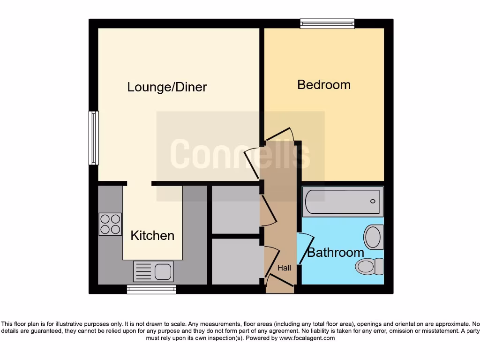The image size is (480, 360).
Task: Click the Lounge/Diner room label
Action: [167, 87]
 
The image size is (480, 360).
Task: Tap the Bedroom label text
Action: [324, 85]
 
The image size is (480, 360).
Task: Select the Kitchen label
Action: [152, 235]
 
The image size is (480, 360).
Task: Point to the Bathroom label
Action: [336, 253]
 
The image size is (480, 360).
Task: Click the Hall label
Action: [284, 268]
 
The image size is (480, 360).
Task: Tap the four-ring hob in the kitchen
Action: [110, 224]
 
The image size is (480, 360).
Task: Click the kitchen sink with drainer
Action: [153, 271]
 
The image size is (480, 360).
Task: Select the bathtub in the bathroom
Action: [343, 202]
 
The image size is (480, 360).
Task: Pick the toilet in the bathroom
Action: [369, 266]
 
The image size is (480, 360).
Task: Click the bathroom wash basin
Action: [374, 237]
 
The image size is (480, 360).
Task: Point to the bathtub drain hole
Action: [373, 202]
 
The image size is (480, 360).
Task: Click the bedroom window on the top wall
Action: [327, 23]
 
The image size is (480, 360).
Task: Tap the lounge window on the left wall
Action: [94, 138]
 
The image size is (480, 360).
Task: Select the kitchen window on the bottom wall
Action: [151, 290]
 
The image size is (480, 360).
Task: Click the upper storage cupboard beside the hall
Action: [235, 210]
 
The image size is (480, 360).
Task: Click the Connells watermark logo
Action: [240, 154]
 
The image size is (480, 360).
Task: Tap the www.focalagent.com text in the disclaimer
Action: [307, 338]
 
